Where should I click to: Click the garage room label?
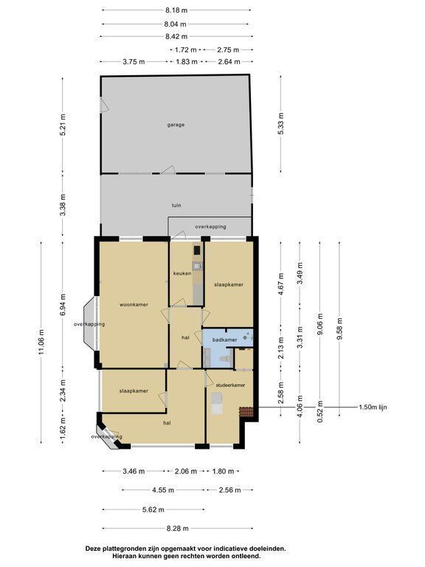pos(176,125)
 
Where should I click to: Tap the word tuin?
pos(176,205)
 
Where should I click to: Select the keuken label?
pos(182,273)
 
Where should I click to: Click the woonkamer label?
pos(134,304)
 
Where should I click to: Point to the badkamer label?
pos(225,340)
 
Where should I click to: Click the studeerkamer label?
pos(230,385)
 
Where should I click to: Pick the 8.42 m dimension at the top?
pos(176,36)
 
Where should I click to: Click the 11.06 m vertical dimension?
pos(41,342)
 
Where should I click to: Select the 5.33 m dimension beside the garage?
pos(281,124)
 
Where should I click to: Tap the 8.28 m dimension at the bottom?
pos(177,529)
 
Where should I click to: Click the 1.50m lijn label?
pos(373,408)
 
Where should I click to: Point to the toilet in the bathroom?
pos(225,359)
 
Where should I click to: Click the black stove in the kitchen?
pos(197,250)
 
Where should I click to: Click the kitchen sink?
pos(197,267)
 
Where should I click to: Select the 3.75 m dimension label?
pos(134,62)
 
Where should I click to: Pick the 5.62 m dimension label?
pos(153,509)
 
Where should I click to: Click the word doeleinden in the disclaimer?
pos(265,549)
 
